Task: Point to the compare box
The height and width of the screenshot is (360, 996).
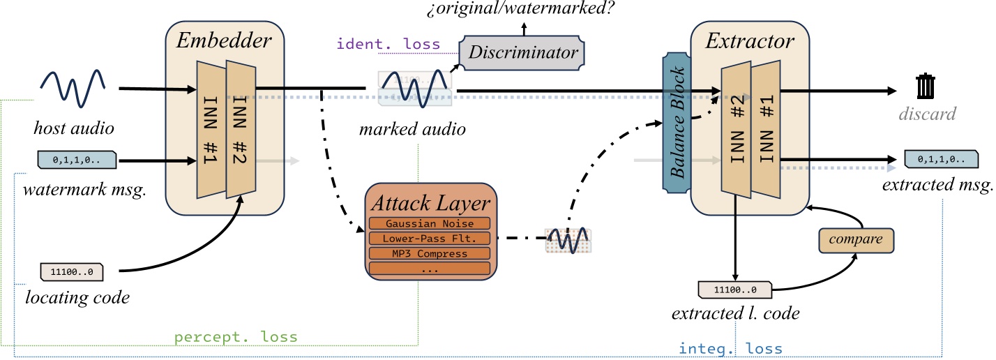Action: pyautogui.click(x=856, y=240)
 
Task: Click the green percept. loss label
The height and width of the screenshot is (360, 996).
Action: pyautogui.click(x=236, y=336)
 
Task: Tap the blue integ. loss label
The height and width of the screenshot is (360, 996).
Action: pyautogui.click(x=730, y=348)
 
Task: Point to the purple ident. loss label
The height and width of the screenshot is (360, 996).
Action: pyautogui.click(x=388, y=44)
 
